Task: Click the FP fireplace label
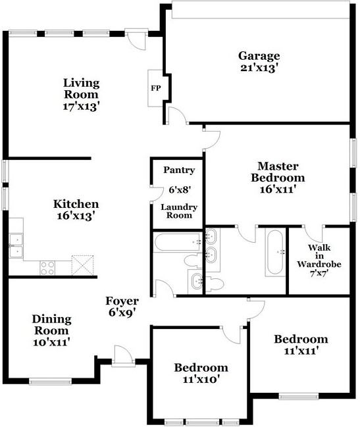[156, 88]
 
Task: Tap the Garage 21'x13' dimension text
[259, 68]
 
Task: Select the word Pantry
[179, 170]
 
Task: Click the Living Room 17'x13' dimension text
[80, 107]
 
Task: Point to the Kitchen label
[76, 204]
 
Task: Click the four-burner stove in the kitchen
[47, 268]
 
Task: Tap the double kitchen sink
[16, 245]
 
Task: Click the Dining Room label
[51, 324]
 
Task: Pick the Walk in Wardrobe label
[319, 256]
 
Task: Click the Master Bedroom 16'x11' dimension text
[278, 189]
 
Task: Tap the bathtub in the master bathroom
[275, 252]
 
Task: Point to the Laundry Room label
[179, 211]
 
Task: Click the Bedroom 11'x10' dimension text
[201, 380]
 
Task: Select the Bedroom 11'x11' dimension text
[301, 351]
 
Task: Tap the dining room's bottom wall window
[51, 382]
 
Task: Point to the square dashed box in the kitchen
[82, 265]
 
